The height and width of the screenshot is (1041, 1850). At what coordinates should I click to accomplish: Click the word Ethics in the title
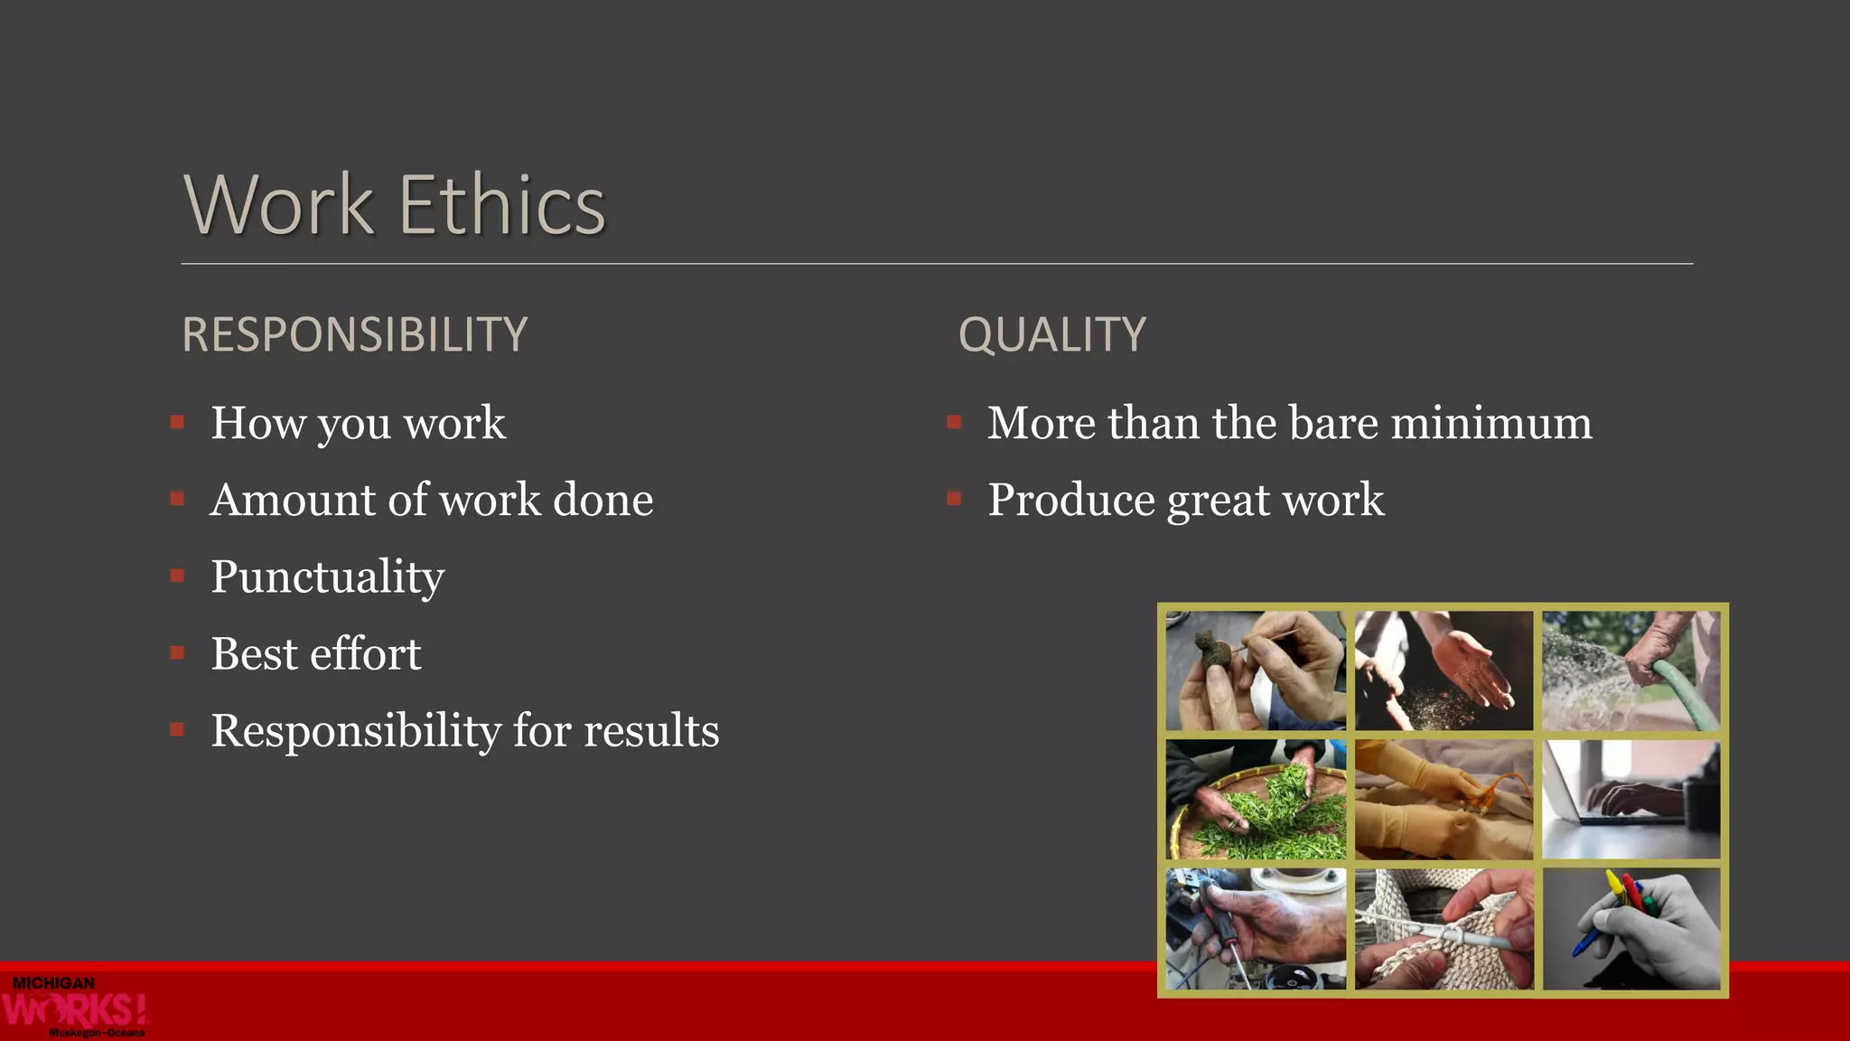501,205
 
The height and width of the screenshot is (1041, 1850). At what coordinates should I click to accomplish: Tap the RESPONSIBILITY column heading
354,334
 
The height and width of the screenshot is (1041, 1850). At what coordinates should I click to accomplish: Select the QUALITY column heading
1051,334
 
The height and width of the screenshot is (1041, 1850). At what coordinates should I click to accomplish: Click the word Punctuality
327,577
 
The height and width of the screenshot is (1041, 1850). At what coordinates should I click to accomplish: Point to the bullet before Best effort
177,652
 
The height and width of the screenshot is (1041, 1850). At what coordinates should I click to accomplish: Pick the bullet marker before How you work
177,422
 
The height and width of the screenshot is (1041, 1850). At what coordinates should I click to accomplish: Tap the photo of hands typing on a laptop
1630,800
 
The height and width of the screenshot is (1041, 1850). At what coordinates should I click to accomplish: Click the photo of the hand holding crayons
1630,929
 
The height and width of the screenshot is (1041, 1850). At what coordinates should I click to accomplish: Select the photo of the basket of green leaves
1256,800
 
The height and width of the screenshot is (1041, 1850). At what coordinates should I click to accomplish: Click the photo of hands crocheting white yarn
1444,929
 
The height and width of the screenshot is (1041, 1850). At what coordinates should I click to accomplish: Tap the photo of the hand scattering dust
1444,671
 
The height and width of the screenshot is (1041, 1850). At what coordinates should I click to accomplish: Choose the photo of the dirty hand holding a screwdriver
1256,929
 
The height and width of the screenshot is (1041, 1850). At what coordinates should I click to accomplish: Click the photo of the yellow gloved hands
1444,800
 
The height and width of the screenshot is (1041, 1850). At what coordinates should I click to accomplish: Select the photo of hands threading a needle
1256,671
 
